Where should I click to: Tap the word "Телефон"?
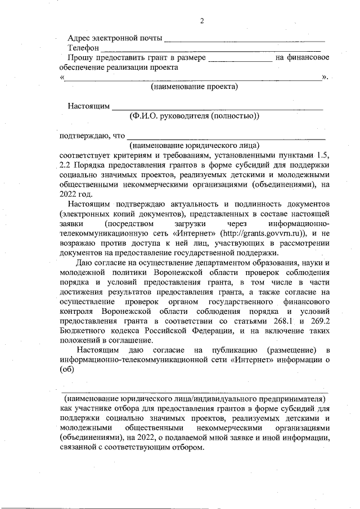tap(83, 49)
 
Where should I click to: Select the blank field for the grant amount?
tap(239, 58)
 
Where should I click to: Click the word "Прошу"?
tap(79, 58)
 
